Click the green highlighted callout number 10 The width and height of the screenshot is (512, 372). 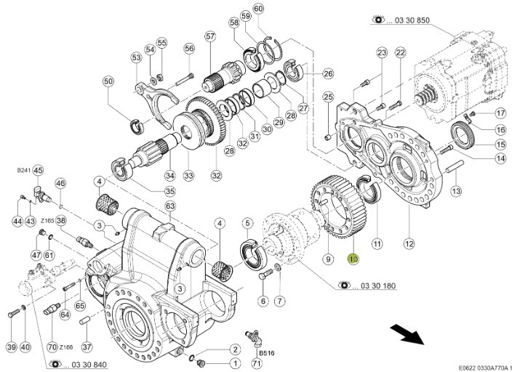353,258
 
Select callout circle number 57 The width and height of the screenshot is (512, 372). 210,36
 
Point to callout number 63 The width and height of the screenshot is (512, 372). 171,206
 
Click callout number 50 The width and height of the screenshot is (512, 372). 108,82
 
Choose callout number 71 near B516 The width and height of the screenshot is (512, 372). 256,363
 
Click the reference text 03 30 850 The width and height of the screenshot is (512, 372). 400,20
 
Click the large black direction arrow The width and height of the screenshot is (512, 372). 408,335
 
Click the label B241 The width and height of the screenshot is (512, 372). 23,170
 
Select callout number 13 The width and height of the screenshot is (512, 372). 457,191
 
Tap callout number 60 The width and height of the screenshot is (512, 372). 259,8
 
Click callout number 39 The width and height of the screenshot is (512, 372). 11,347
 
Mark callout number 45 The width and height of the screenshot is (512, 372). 39,171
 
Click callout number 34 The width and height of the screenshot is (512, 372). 170,175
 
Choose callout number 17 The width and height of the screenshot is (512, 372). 500,113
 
